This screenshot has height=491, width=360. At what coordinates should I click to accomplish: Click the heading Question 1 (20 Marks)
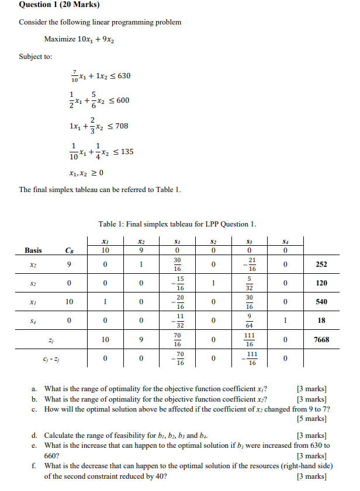coord(59,5)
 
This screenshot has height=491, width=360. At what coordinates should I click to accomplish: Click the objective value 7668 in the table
coord(321,339)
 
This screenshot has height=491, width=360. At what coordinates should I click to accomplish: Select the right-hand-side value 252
coord(321,264)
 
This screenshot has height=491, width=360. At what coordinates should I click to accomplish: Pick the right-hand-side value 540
coord(321,301)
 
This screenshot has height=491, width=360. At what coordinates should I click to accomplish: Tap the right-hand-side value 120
coord(321,283)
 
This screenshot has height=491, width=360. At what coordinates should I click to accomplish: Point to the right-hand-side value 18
coord(321,321)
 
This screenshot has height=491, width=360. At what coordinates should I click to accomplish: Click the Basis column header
coord(33,250)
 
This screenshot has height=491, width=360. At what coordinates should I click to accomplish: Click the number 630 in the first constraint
coord(123,76)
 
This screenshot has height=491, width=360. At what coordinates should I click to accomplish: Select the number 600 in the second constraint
coord(122,100)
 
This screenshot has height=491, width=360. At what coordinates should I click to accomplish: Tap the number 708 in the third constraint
coord(121,126)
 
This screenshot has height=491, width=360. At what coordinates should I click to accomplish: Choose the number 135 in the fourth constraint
coord(126,152)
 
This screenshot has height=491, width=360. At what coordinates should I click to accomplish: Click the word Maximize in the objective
coord(60,39)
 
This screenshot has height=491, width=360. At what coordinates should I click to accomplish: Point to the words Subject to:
coord(35,57)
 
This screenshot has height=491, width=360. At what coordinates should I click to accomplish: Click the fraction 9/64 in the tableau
coord(250,321)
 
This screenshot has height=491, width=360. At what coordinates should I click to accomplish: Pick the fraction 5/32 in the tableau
coord(250,283)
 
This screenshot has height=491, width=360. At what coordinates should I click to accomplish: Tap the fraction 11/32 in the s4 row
coord(179,321)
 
